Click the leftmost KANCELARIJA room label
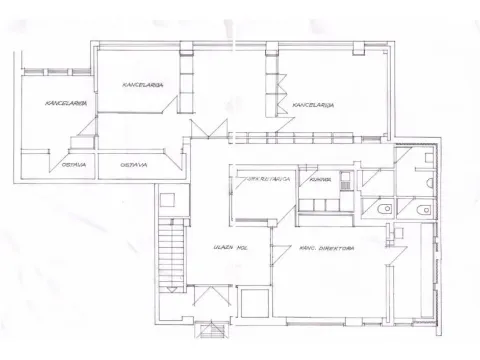[49, 103]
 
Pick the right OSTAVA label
[128, 164]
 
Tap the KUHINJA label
[319, 180]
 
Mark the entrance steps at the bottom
[213, 331]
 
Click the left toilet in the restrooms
[386, 207]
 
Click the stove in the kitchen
[344, 181]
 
